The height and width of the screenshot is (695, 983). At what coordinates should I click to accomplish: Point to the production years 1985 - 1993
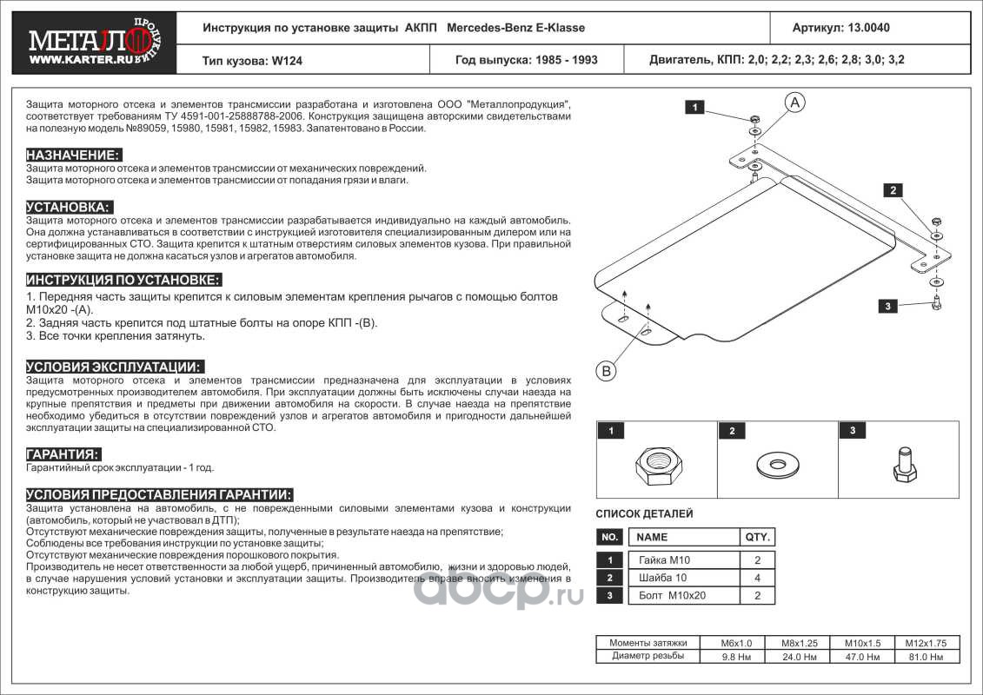click(x=566, y=61)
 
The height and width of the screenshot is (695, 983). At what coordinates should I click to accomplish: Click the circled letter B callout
click(x=606, y=371)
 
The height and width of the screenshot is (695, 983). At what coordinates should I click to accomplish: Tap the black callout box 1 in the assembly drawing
click(x=694, y=108)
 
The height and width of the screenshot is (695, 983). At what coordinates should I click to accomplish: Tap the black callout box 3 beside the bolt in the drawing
click(x=888, y=306)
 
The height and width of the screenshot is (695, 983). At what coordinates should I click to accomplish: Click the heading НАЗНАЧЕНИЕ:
click(x=72, y=155)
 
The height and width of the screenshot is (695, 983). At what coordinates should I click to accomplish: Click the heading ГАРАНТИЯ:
click(x=63, y=454)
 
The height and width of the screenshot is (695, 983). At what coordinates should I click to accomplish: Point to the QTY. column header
click(x=756, y=537)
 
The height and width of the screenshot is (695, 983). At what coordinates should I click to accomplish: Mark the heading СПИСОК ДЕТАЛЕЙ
click(x=644, y=514)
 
